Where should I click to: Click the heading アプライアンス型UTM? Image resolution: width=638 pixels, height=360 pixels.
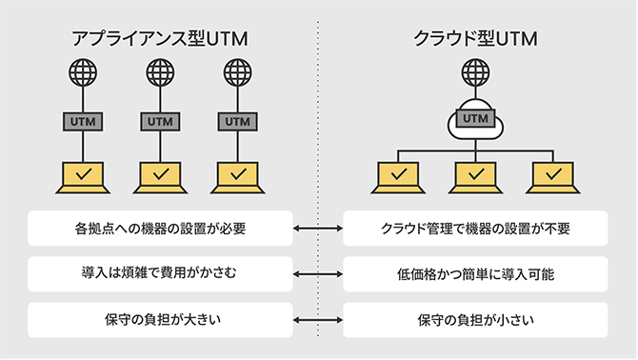[x=159, y=39]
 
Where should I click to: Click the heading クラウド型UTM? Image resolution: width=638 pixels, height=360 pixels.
[x=475, y=39]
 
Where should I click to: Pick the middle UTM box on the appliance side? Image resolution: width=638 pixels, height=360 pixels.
[x=159, y=122]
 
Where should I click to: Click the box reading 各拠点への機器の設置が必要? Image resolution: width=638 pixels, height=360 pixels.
[x=158, y=229]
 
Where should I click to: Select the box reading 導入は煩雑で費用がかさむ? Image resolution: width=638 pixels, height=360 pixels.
[x=158, y=273]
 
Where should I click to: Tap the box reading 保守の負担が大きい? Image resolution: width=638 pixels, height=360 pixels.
[x=158, y=319]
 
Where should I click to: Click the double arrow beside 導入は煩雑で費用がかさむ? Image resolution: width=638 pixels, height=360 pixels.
[x=317, y=274]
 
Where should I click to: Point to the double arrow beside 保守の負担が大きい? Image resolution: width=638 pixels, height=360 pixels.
[x=317, y=319]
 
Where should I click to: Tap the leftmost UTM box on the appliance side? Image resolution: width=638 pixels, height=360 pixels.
[x=83, y=122]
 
